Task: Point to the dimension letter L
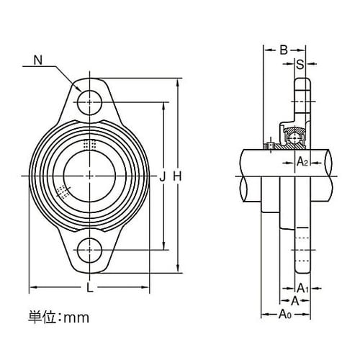[x=89, y=289]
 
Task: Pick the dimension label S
[x=300, y=64]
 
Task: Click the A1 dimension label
[x=303, y=289]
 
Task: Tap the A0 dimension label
[x=285, y=314]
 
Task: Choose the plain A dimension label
[x=294, y=300]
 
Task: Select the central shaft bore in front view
[x=89, y=175]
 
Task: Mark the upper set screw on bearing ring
[x=89, y=144]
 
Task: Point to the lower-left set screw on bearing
[x=63, y=192]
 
